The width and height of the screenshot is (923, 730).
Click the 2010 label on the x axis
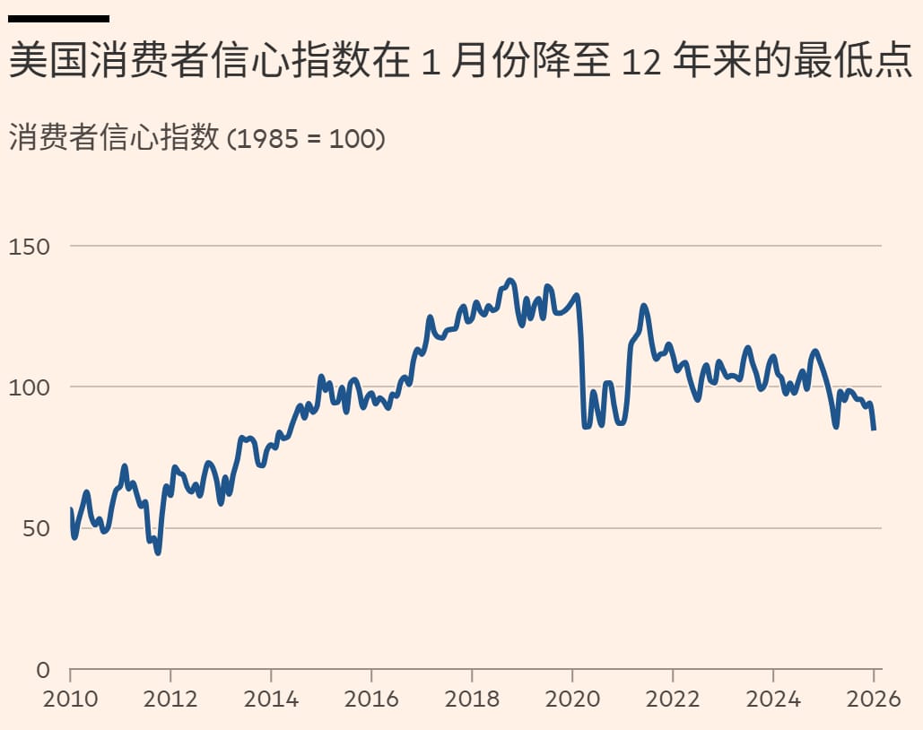70,699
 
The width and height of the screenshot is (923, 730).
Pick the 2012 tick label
170,699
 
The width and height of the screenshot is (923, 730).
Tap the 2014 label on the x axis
271,699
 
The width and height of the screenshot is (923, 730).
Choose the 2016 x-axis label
371,699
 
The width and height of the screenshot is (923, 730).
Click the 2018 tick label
472,699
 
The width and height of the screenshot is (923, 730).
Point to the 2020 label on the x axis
572,699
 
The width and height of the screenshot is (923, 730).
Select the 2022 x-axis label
673,699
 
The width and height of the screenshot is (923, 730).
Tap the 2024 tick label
773,699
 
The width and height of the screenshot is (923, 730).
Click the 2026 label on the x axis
873,699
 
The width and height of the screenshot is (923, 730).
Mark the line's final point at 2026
875,429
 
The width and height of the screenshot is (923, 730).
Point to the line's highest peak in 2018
510,281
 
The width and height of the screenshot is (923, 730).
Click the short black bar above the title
58,18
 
